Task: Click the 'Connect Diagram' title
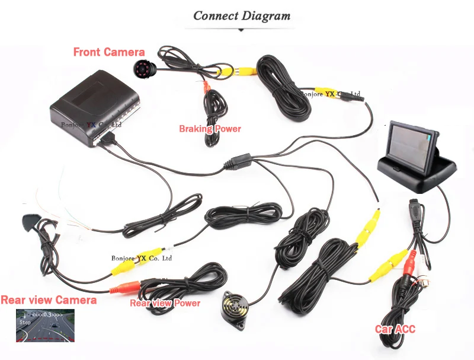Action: coord(242,15)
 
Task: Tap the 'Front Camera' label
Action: coord(108,52)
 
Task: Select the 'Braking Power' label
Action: coord(210,129)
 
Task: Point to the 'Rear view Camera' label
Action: coord(49,300)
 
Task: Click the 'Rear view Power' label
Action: coord(165,303)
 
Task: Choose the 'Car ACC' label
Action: coord(395,329)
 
